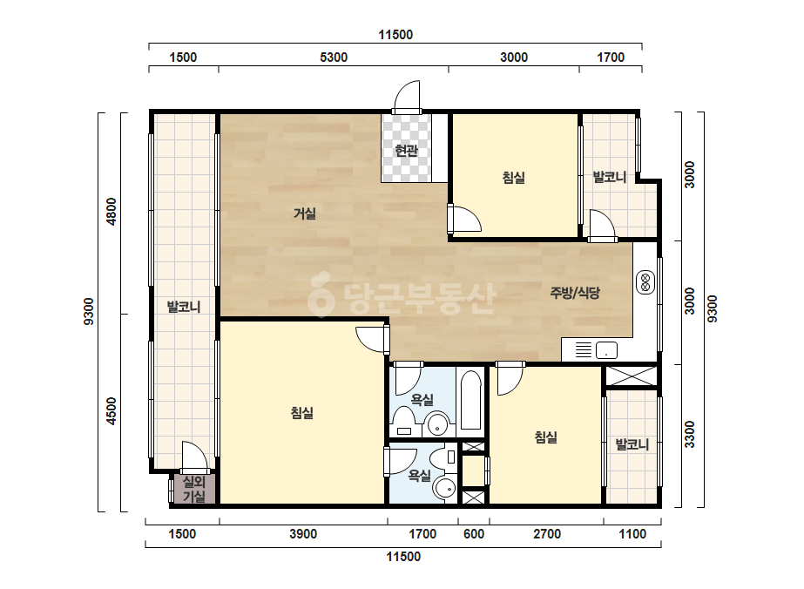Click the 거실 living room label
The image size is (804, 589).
coord(305,213)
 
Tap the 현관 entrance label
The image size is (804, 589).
coord(406,151)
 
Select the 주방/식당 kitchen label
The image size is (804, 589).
coord(575,293)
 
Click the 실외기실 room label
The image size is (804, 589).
coord(194,489)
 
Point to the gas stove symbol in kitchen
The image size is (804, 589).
coord(645,282)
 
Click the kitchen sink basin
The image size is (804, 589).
coord(606,350)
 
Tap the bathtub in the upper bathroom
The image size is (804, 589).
coord(470,401)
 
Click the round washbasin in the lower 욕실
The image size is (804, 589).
coord(444,489)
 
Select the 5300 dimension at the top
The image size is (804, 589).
coord(334,57)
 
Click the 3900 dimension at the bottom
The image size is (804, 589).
coord(303,534)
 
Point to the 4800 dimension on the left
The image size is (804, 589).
coord(111,211)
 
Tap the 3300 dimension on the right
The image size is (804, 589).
coord(690,434)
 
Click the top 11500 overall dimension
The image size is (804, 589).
coord(395,34)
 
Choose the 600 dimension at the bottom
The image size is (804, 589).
coord(474,534)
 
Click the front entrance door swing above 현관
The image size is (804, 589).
coord(407,96)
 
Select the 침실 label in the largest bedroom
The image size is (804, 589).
coord(302,412)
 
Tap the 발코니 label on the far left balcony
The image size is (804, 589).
coord(184,307)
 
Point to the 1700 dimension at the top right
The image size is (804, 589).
coord(611,57)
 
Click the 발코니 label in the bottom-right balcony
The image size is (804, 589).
coord(632,444)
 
